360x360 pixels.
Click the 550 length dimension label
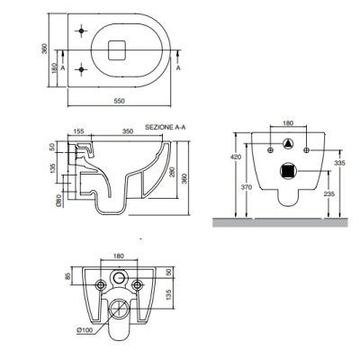point(119,101)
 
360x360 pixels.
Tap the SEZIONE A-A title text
point(166,127)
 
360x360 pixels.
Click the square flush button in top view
point(117,49)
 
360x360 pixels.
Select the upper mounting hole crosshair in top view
point(81,31)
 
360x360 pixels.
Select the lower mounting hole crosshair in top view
point(81,69)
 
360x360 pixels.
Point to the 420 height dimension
point(238,157)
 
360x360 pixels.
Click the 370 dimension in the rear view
point(247,187)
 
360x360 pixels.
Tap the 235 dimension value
point(329,193)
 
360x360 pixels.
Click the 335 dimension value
point(340,163)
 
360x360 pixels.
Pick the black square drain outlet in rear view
point(288,171)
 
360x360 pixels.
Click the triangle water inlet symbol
point(288,144)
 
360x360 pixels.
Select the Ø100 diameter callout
point(85,330)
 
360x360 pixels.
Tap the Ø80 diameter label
point(59,200)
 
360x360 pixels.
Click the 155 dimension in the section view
point(78,131)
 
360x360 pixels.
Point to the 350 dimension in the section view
point(128,131)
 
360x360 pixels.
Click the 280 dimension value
point(172,172)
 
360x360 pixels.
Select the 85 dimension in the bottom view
point(67,274)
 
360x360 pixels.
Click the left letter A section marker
point(63,68)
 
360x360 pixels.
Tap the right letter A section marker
point(178,67)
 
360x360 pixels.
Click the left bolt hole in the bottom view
point(101,284)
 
